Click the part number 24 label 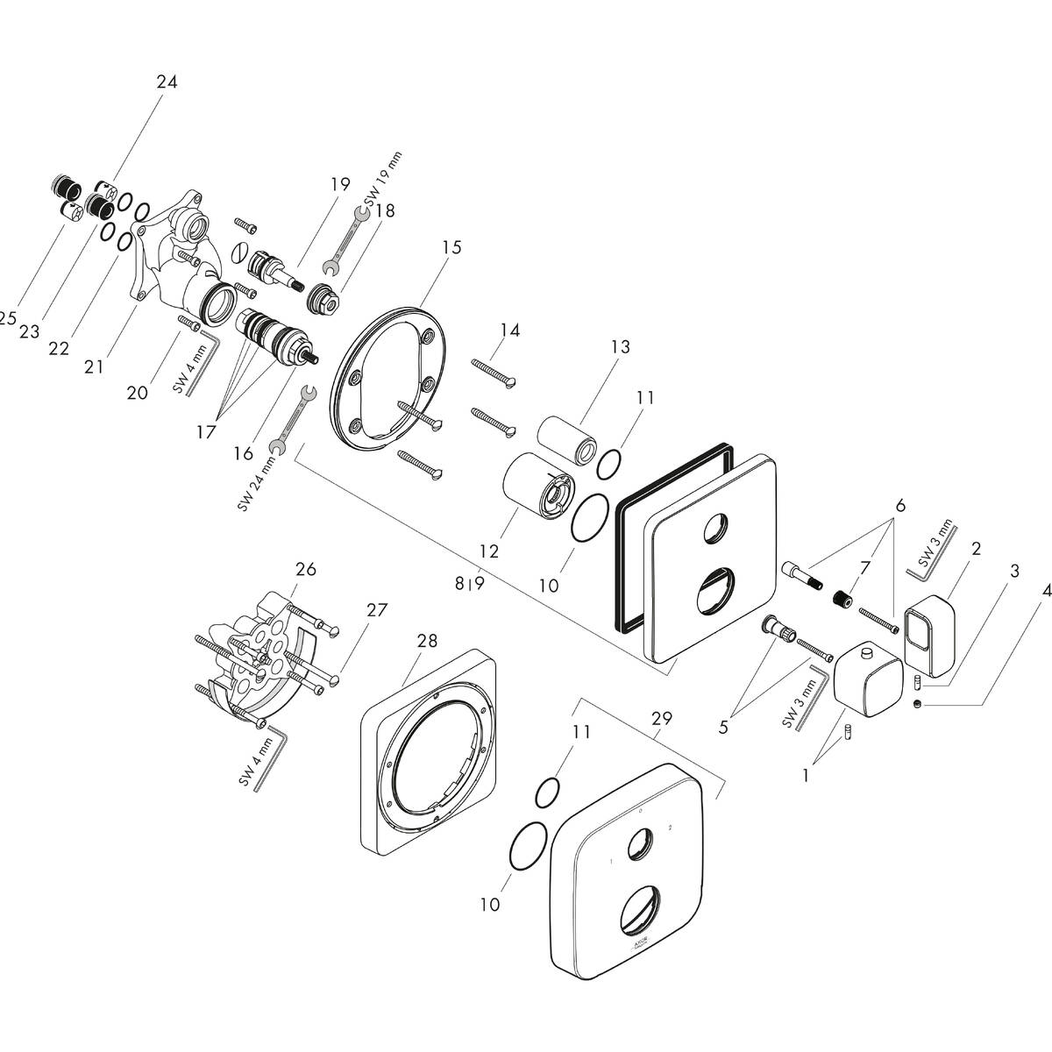tap(167, 82)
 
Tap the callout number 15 tap(451, 248)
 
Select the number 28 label tap(427, 642)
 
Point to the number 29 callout tap(662, 718)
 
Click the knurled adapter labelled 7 tap(842, 599)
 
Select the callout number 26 tap(305, 570)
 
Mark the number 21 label tap(94, 366)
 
